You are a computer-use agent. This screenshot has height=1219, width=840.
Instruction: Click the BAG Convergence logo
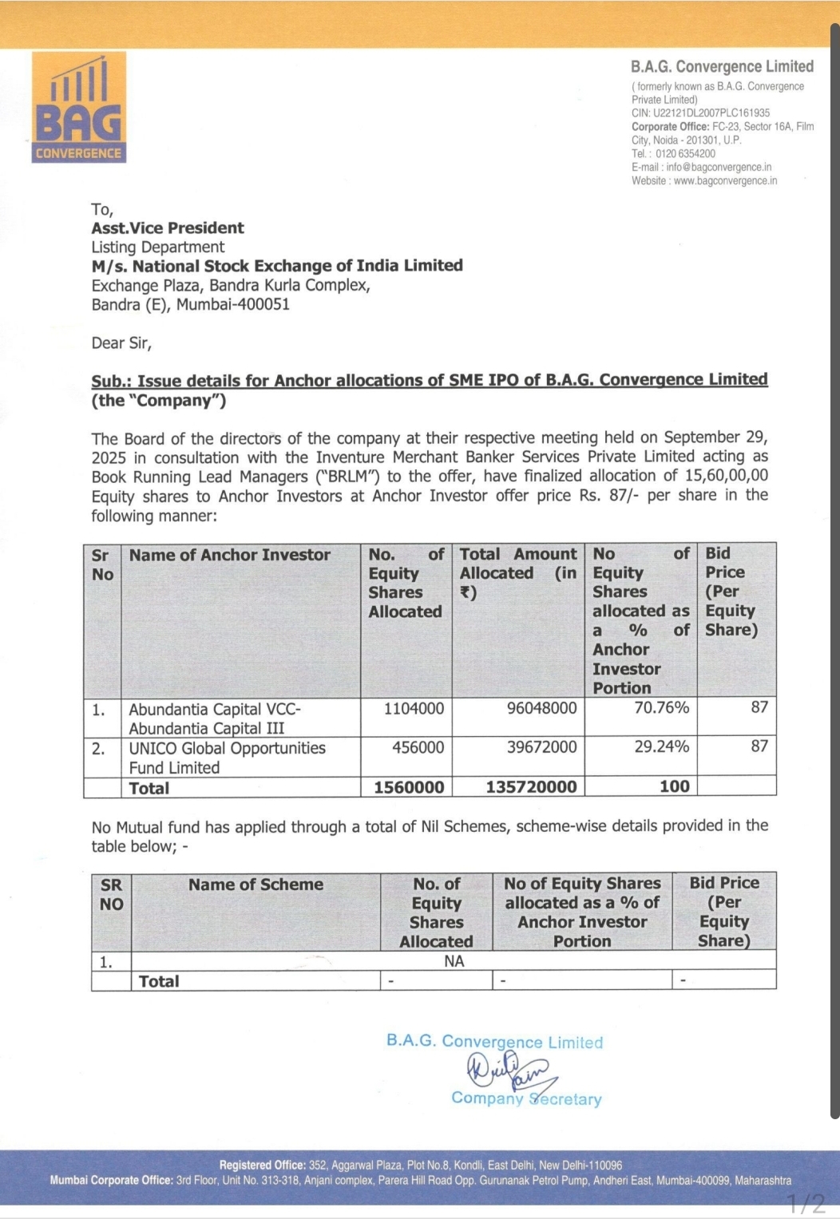click(79, 108)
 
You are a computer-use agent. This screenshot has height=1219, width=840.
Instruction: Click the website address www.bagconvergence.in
click(725, 181)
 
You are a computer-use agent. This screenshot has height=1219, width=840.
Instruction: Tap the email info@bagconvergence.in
click(719, 168)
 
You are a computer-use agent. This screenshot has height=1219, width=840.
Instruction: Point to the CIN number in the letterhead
click(700, 113)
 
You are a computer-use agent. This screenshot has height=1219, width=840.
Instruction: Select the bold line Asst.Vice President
click(168, 228)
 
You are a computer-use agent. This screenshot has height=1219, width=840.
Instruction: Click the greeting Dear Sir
click(121, 343)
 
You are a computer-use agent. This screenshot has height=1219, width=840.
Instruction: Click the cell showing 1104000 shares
click(414, 709)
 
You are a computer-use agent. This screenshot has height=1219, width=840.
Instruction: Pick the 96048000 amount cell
click(541, 709)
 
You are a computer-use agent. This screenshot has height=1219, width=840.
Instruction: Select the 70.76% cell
click(661, 708)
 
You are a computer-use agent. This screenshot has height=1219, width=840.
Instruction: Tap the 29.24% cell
click(661, 747)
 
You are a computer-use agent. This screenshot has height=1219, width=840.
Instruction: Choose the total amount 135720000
click(531, 787)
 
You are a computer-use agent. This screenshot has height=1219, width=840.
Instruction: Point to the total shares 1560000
click(409, 787)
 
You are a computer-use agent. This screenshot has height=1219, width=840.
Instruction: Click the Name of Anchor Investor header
click(230, 556)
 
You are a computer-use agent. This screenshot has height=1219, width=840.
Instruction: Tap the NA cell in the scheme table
click(454, 961)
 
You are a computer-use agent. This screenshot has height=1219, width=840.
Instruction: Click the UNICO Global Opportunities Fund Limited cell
click(228, 758)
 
